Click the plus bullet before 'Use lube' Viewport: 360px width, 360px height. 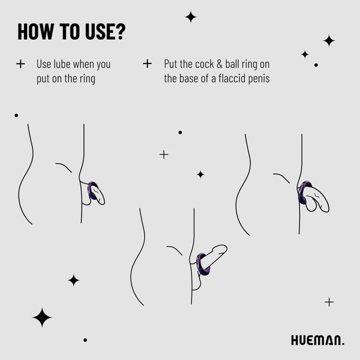(21, 64)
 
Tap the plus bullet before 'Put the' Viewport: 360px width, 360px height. (148, 64)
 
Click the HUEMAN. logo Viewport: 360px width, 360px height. (317, 340)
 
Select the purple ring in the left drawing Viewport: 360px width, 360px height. (92, 191)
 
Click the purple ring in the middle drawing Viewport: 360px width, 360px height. (203, 263)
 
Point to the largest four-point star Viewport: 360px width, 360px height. (42, 317)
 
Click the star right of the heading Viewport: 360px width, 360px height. (191, 17)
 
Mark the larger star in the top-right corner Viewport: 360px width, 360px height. (329, 40)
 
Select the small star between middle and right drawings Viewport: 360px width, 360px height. (200, 174)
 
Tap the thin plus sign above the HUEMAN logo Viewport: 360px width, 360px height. (329, 302)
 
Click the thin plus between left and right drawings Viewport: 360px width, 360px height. (164, 154)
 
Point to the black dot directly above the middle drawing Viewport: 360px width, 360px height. (180, 132)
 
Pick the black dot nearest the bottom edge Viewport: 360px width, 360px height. (85, 340)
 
